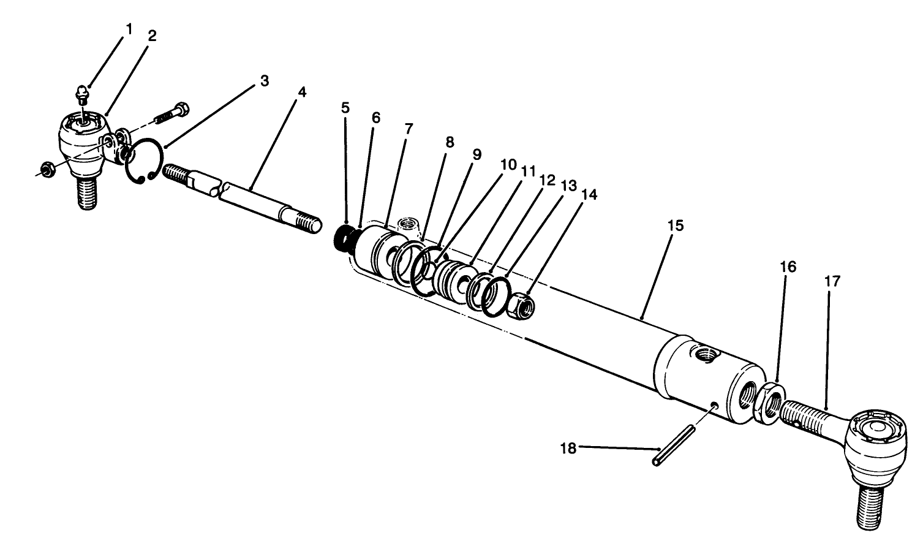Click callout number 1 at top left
(x=129, y=29)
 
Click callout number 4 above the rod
(x=301, y=92)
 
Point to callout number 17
(x=832, y=282)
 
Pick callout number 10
(x=508, y=164)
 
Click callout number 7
(x=409, y=129)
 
